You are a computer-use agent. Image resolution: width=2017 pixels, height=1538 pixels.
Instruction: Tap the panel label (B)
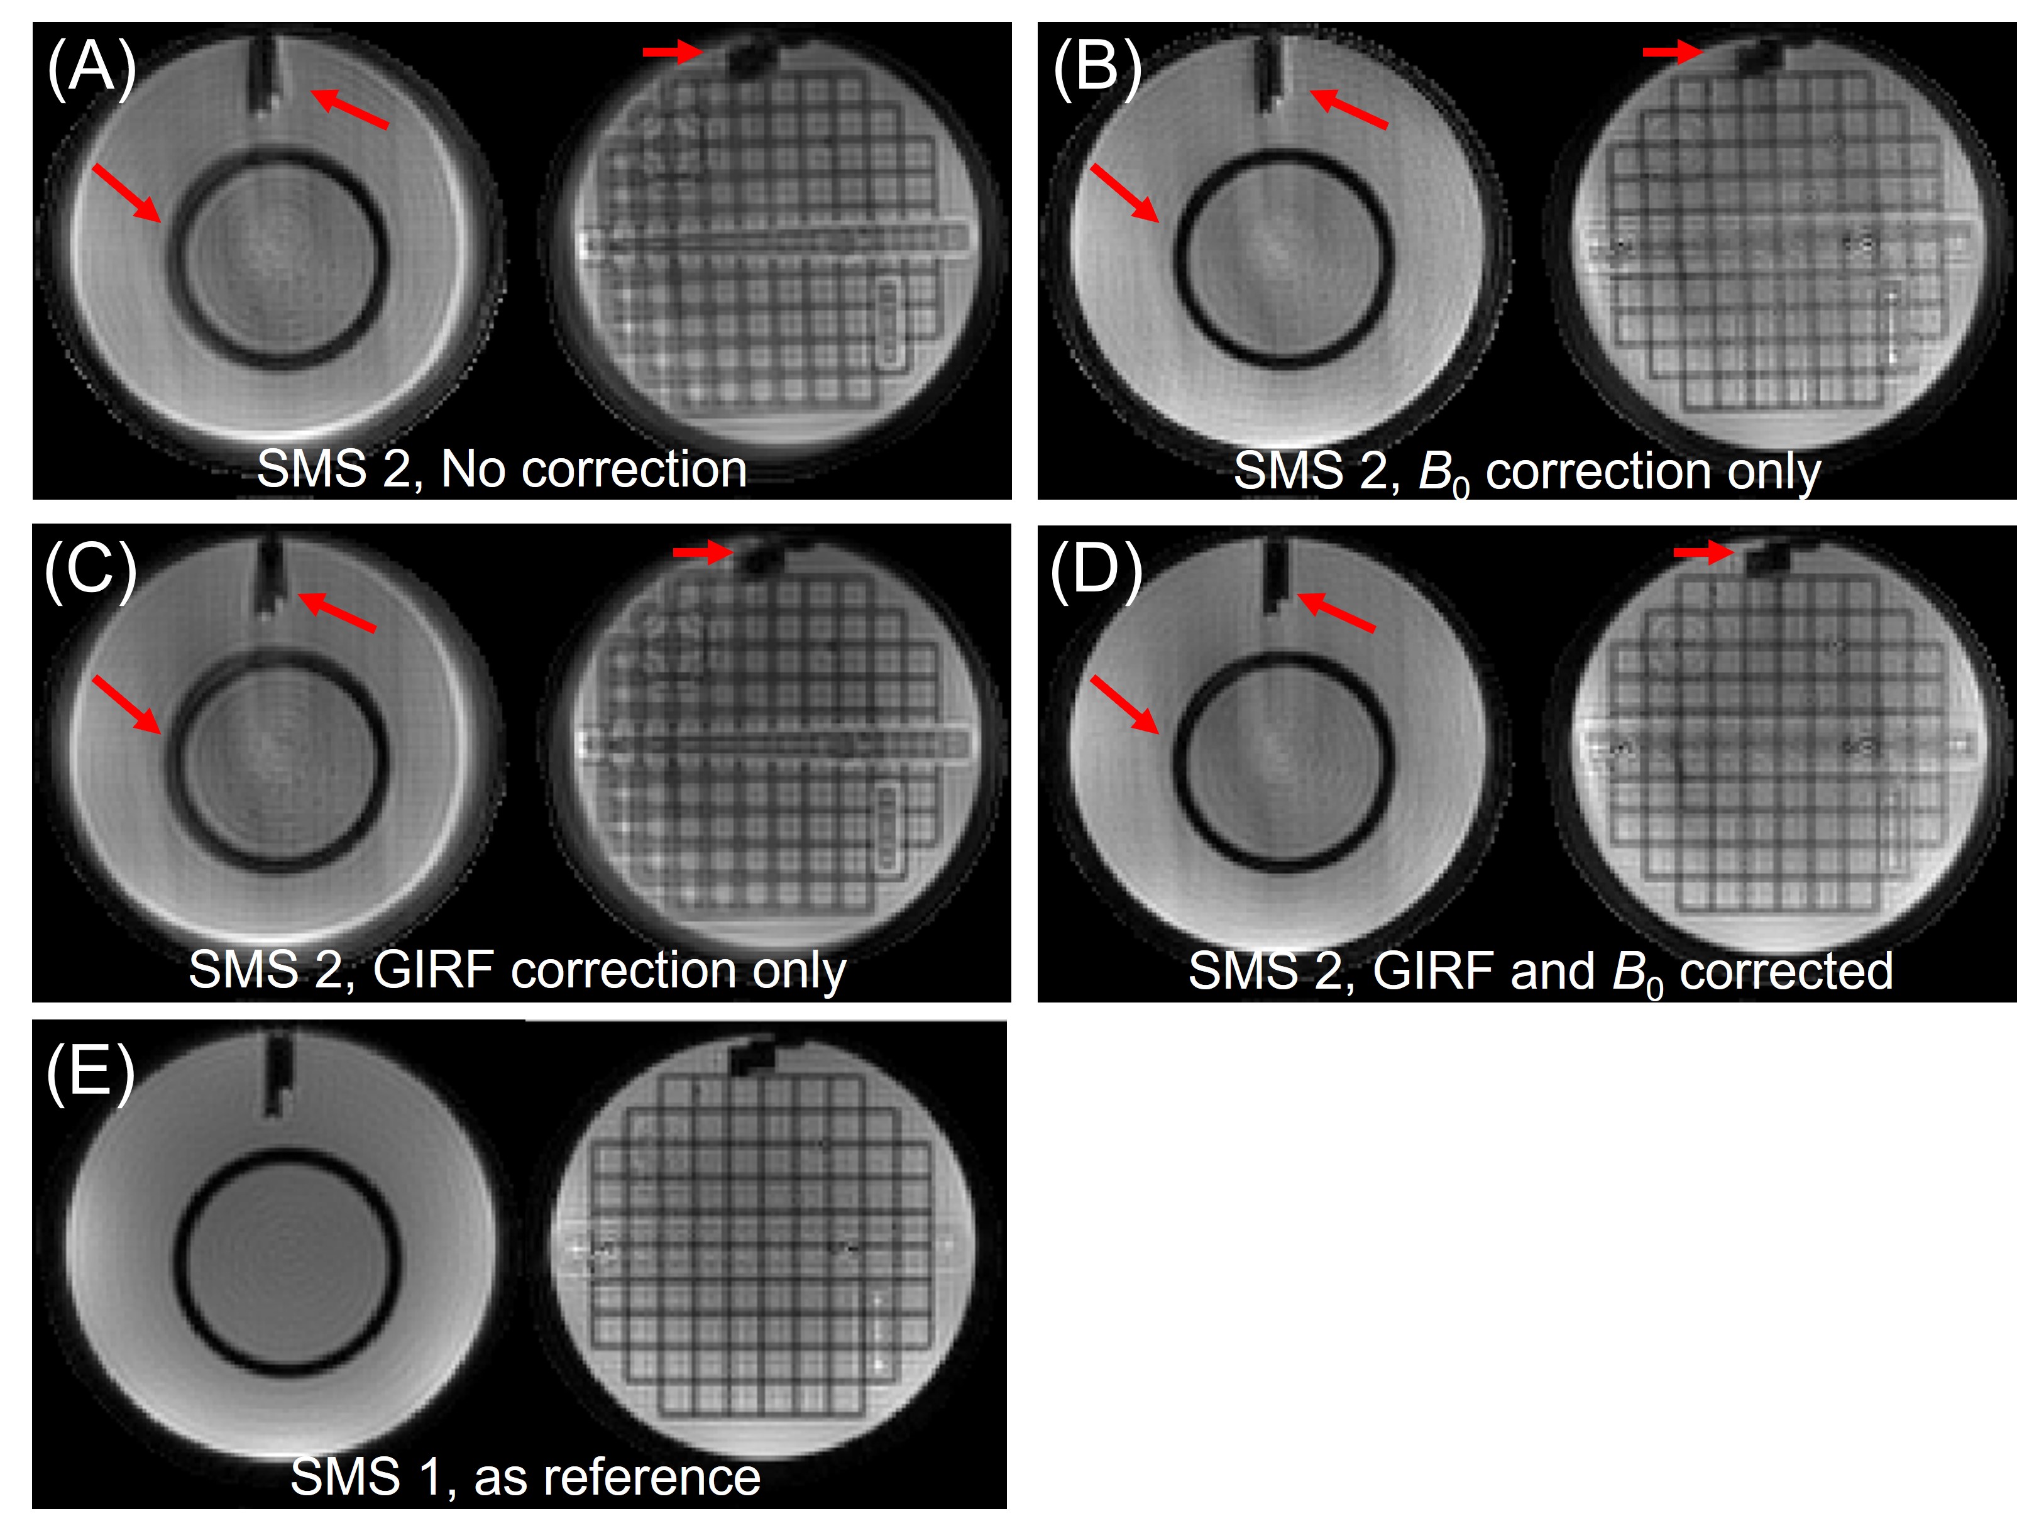coord(1097,67)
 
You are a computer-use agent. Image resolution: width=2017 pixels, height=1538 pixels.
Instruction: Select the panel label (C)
coord(91,569)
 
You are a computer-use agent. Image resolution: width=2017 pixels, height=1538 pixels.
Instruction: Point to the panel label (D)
coord(1096,569)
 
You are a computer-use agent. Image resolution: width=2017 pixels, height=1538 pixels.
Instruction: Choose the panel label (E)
coord(91,1071)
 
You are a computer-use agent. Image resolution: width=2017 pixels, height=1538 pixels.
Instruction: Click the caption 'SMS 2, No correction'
coord(502,470)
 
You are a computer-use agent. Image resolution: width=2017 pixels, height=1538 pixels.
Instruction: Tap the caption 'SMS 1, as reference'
coord(525,1476)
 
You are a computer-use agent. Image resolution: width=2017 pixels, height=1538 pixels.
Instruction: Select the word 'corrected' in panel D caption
coord(1785,971)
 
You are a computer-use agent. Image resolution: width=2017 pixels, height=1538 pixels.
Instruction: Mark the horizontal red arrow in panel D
coord(1703,551)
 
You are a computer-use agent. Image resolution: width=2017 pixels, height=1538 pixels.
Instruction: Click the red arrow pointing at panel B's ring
coord(1124,192)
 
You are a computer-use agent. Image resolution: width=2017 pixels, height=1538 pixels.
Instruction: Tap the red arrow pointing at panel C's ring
coord(126,704)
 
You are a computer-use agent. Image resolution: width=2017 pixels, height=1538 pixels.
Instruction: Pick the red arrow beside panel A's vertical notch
coord(349,108)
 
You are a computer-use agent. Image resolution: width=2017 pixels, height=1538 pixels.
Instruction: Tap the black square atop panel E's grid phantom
coord(752,1059)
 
